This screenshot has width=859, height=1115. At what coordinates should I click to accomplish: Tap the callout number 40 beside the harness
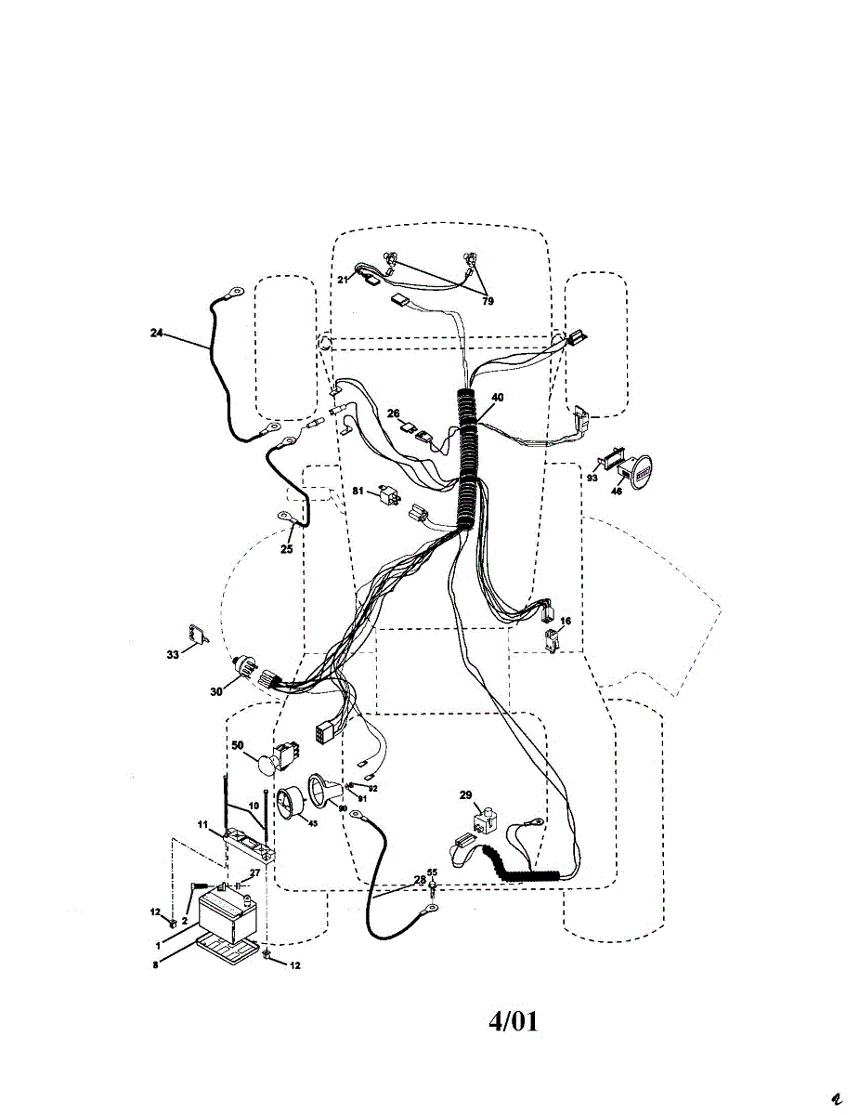498,398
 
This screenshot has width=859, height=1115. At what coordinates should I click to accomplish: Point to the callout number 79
488,301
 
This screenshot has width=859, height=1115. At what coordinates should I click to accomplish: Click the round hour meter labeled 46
637,474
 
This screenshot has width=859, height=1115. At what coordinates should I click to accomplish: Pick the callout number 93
592,478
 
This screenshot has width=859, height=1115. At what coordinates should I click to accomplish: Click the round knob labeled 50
267,764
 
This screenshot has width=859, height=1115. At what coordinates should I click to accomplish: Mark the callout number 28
420,879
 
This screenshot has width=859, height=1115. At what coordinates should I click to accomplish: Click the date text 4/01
514,1021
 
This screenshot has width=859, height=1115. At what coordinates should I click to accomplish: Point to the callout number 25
286,549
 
